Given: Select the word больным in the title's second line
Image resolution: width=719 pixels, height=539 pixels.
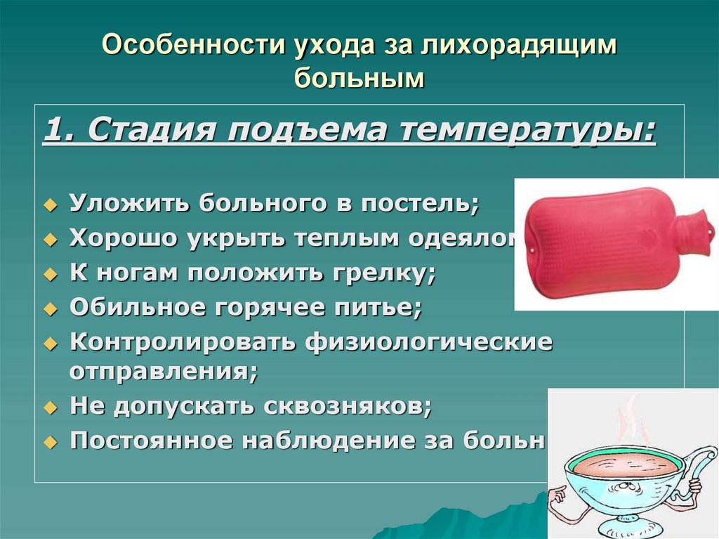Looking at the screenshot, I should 359,77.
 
